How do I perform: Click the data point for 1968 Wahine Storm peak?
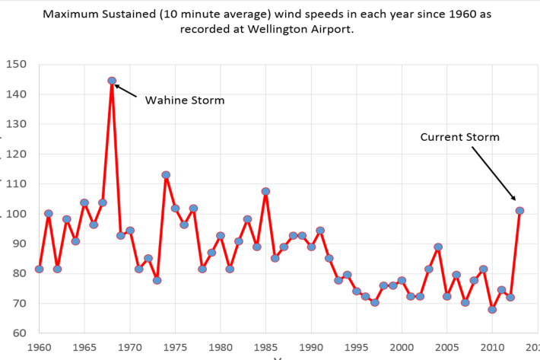(112, 81)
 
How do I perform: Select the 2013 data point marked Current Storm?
(519, 211)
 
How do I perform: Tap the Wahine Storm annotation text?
(185, 100)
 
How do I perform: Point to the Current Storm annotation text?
(459, 137)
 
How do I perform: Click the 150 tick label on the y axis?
(17, 65)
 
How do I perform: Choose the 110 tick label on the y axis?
(17, 184)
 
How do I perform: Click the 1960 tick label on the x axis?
(39, 346)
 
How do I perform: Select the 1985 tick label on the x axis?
(265, 346)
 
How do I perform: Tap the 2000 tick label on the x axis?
(402, 346)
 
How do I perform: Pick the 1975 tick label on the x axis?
(175, 346)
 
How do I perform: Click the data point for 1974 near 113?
(166, 175)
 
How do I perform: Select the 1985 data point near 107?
(265, 191)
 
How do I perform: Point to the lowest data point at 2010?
(492, 310)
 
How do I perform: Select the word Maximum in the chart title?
(92, 14)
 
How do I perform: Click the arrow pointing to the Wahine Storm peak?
(126, 91)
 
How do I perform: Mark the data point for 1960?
(39, 269)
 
